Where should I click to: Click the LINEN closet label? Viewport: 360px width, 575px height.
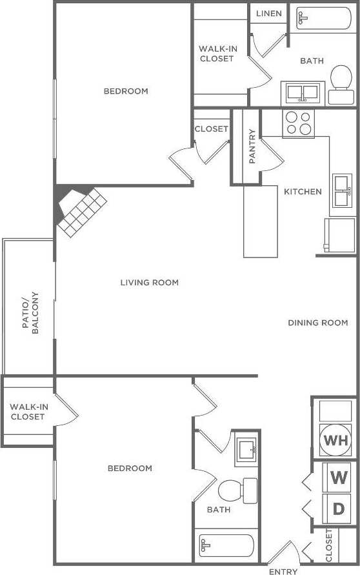coord(268,14)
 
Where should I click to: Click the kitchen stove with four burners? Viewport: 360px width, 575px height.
coord(298,123)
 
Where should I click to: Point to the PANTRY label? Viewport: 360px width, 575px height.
coord(252,146)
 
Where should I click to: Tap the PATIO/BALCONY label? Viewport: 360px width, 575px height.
coord(30,313)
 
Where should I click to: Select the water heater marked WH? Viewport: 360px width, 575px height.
coord(335,441)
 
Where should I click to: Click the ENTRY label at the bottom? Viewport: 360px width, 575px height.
coord(283,571)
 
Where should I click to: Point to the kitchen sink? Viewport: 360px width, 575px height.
coord(342,190)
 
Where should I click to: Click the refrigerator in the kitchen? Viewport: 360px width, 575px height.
coord(339,235)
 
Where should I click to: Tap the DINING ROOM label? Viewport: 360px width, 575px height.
coord(317,323)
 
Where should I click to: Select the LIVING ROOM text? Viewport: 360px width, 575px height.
coord(149,283)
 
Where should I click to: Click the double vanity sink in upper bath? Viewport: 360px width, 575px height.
coord(302,93)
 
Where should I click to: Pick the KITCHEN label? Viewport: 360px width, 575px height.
coord(303,192)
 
